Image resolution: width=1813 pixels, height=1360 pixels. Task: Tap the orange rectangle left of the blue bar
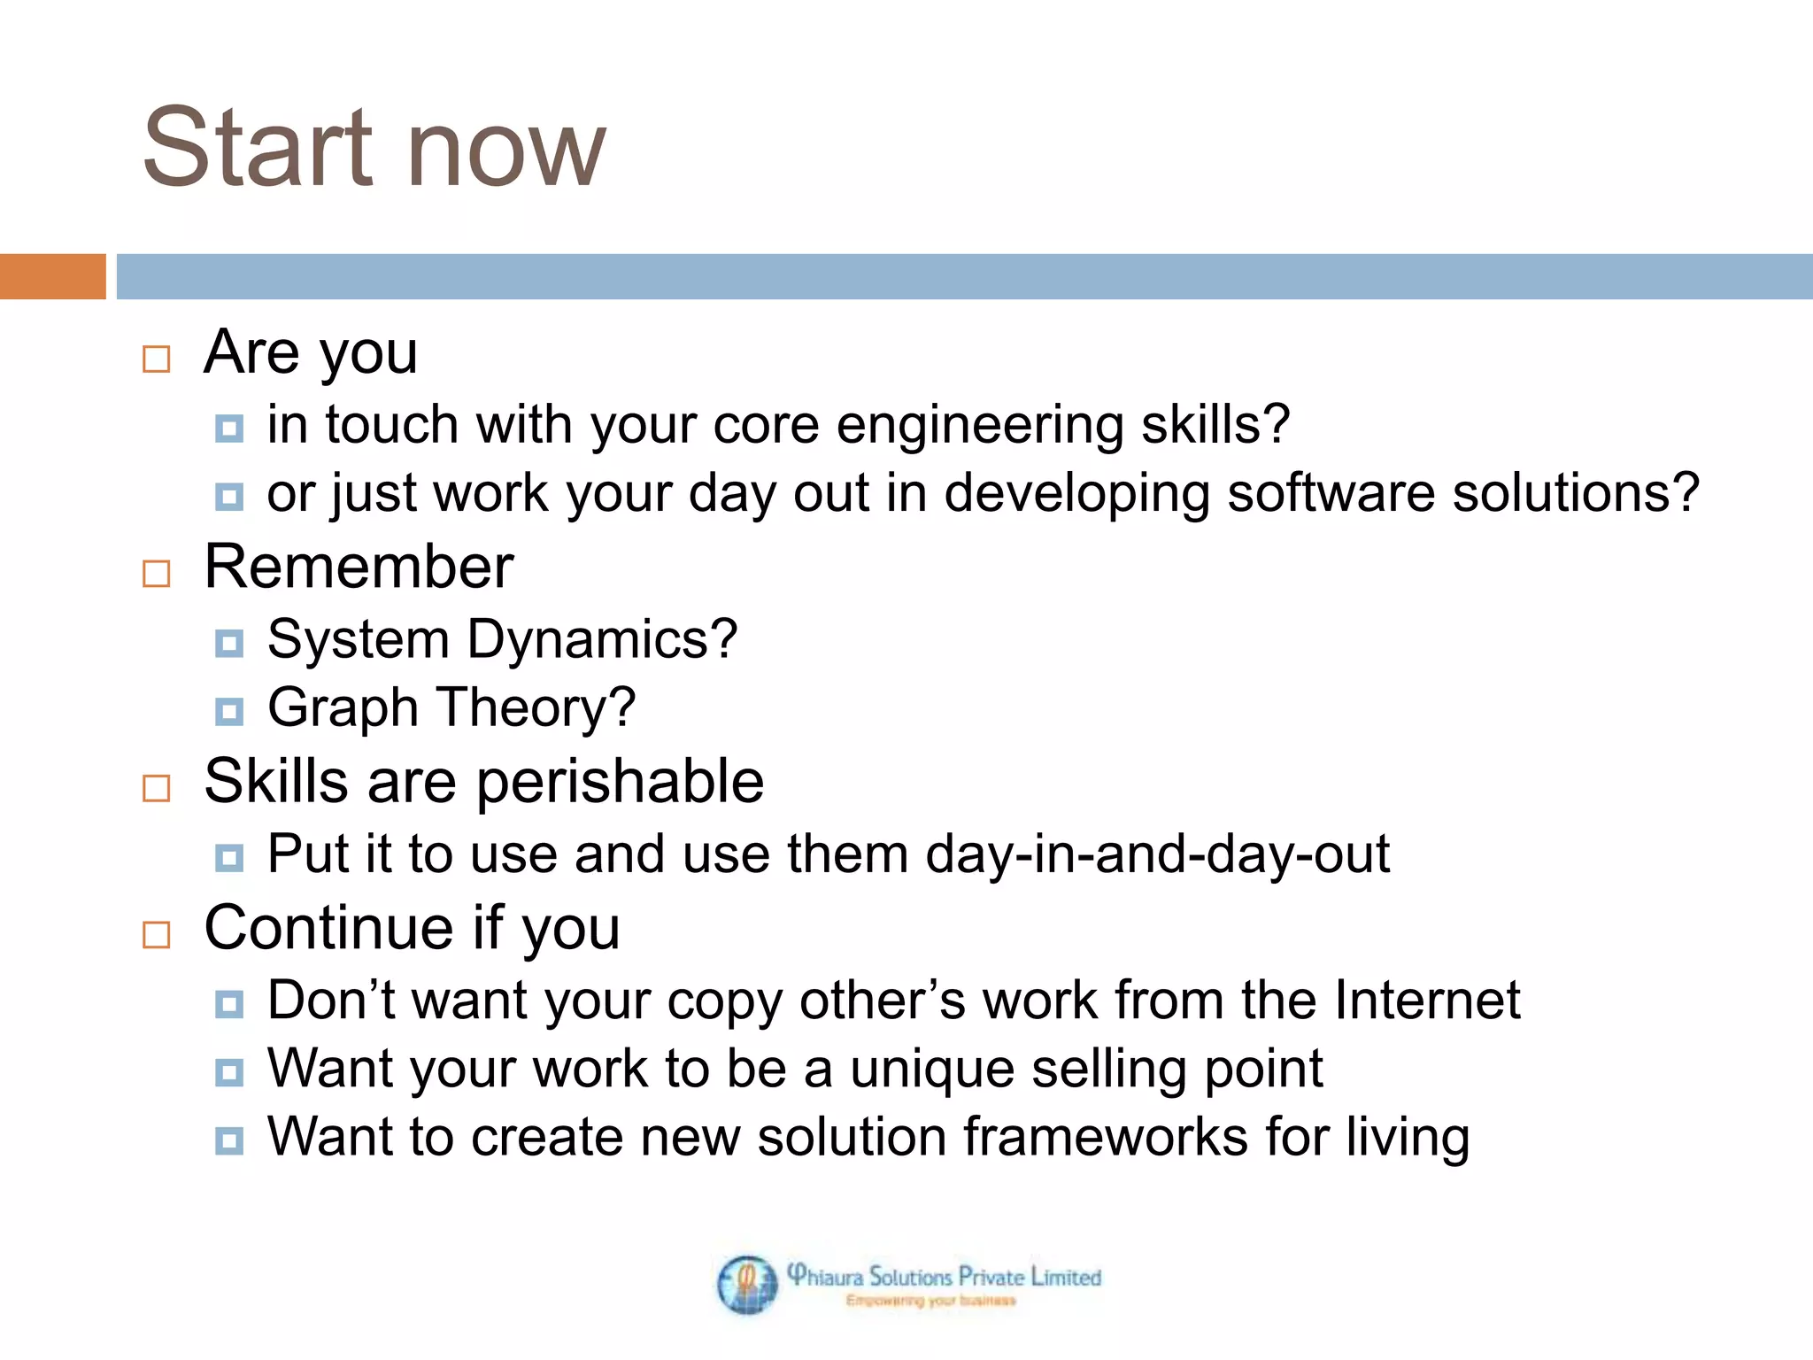coord(52,276)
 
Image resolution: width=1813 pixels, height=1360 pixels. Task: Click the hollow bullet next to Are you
coord(157,359)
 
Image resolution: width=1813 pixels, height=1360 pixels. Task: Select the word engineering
coord(980,426)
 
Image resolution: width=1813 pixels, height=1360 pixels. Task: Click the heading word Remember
coord(359,567)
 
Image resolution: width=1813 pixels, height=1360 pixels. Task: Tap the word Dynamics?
coord(602,639)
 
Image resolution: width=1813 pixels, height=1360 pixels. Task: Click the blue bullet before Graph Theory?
coord(229,711)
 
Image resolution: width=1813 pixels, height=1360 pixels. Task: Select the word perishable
coord(620,783)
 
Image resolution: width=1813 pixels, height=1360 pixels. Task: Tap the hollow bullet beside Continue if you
coord(157,934)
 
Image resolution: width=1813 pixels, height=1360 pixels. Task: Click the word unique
coord(932,1069)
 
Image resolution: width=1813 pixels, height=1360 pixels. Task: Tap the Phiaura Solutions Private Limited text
coord(944,1276)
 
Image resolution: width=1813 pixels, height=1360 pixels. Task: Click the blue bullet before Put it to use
coord(229,857)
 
